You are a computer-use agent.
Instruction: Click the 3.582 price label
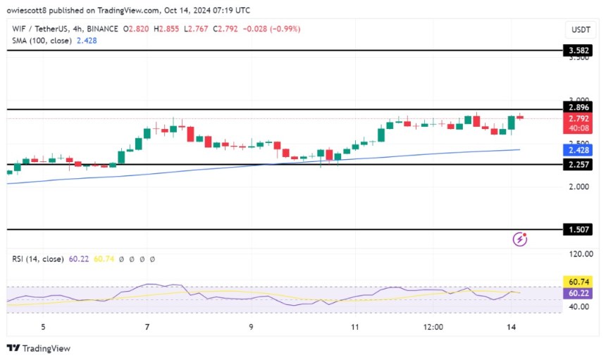click(581, 51)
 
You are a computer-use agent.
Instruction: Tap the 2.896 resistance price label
click(581, 108)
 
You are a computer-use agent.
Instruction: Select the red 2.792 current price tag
click(581, 119)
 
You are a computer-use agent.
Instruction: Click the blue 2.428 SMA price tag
click(581, 150)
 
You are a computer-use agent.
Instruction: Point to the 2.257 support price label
click(581, 165)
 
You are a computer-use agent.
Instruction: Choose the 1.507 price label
click(581, 230)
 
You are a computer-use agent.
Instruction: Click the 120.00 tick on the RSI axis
click(581, 254)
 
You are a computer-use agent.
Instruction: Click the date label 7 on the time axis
click(147, 327)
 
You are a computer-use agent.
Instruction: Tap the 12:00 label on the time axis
click(433, 327)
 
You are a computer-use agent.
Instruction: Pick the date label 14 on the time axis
click(512, 327)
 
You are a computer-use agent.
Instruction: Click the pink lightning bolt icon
click(520, 240)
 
